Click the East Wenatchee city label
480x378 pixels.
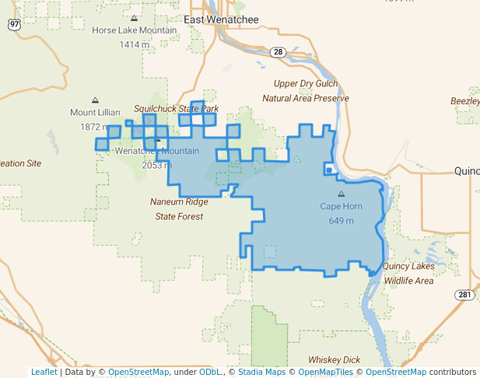(x=222, y=19)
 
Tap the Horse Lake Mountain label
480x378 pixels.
(x=135, y=31)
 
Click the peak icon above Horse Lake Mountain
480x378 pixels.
(x=135, y=18)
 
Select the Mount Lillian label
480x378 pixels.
(x=95, y=113)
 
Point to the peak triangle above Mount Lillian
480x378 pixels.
(x=95, y=100)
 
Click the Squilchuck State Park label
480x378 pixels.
(x=177, y=109)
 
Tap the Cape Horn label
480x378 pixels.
(x=341, y=206)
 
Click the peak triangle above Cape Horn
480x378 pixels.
(x=341, y=194)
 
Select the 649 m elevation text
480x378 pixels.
(x=341, y=221)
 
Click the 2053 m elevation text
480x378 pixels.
(x=157, y=165)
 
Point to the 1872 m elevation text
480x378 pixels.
(x=95, y=127)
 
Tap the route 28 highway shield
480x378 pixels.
(x=278, y=51)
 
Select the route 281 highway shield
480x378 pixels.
(x=464, y=294)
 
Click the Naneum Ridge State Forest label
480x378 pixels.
(x=179, y=209)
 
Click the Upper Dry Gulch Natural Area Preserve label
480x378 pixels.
(x=306, y=91)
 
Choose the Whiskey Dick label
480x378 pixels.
(x=334, y=359)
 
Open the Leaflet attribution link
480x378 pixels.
(x=44, y=372)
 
